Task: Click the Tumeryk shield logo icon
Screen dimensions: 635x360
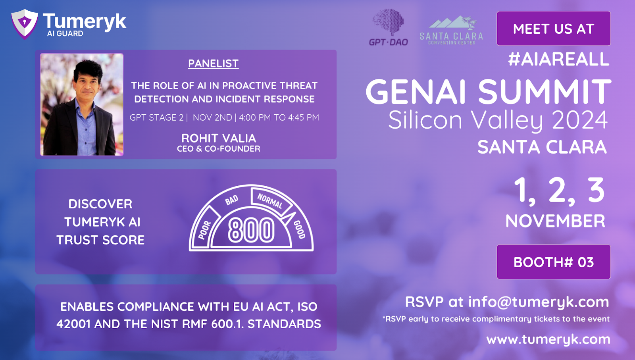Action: coord(24,24)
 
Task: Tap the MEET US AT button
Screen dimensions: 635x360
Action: coord(553,28)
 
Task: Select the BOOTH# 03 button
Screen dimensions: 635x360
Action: coord(553,262)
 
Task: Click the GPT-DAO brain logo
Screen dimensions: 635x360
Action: coord(389,27)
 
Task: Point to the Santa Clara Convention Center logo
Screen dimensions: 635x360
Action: coord(451,30)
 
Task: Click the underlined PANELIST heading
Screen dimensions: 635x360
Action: coord(213,64)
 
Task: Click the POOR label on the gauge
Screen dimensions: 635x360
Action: coord(205,230)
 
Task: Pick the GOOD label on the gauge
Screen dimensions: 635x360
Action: coord(299,229)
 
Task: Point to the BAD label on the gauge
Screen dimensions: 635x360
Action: coord(232,200)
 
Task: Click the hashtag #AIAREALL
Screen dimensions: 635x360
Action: coord(558,59)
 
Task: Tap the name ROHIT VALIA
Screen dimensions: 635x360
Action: coord(219,139)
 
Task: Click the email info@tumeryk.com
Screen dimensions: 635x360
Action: coord(539,302)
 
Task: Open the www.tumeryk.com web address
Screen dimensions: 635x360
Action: coord(548,339)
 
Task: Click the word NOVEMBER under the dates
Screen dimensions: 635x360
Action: coord(555,221)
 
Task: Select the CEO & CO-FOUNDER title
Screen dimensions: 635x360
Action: coord(219,149)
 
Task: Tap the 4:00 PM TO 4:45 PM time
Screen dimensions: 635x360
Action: coord(279,117)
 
